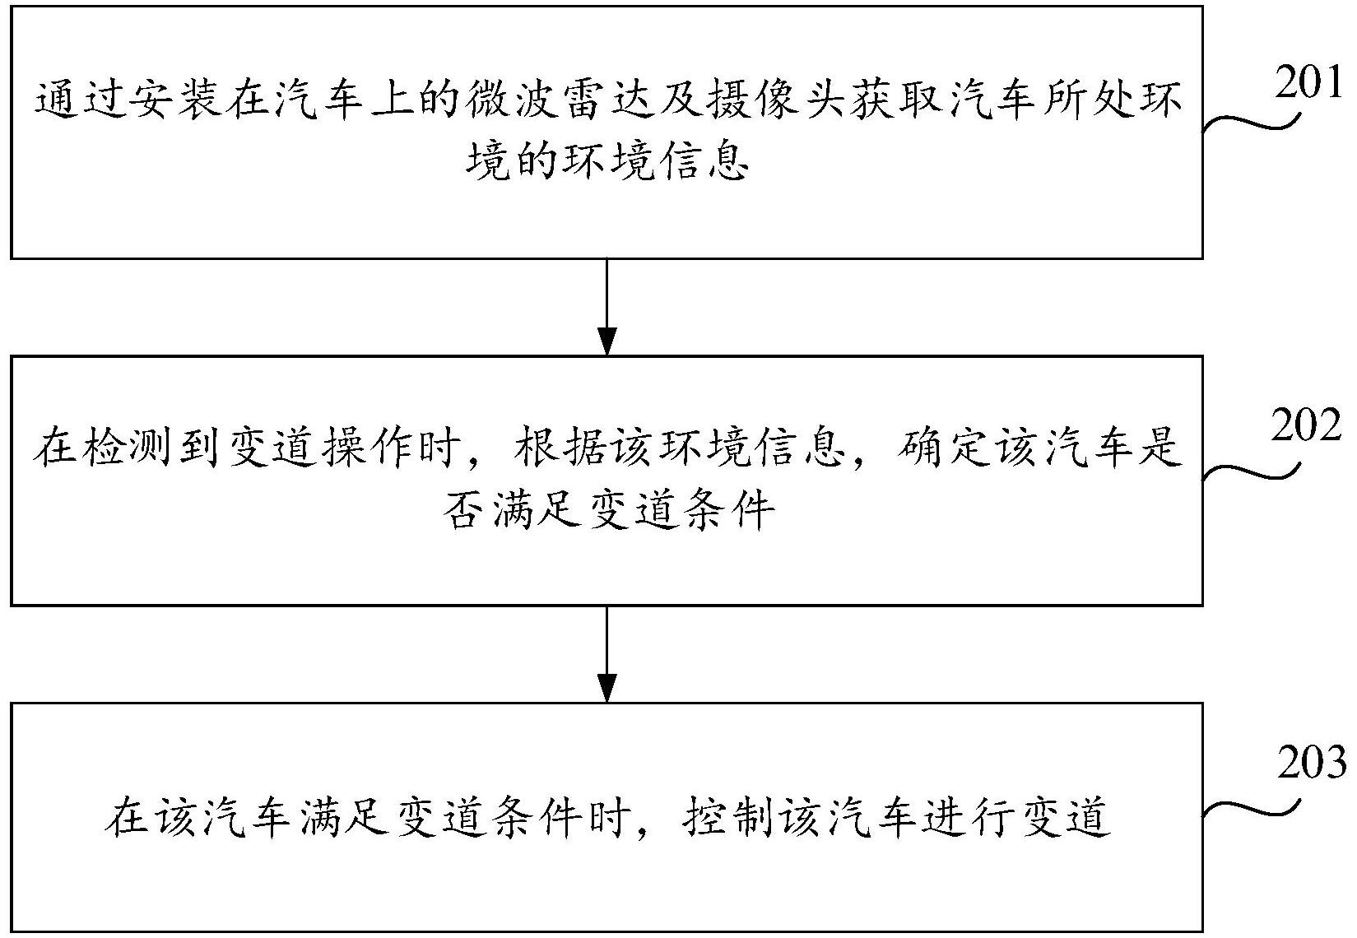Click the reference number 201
point(1308,83)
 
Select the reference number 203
point(1313,763)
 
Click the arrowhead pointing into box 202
point(606,341)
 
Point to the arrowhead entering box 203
point(606,688)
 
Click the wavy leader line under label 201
point(1252,121)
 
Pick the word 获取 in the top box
point(897,103)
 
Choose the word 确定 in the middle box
point(944,449)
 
